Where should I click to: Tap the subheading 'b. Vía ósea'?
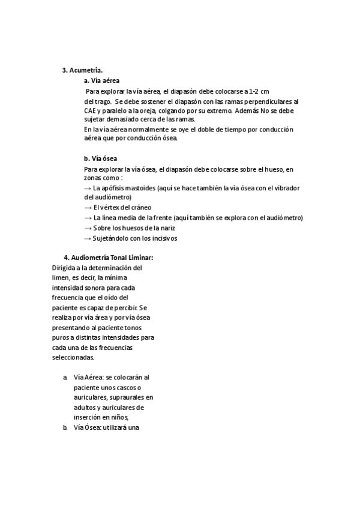(x=100, y=158)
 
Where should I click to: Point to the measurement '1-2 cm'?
(x=259, y=91)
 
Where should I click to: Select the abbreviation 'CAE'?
(x=91, y=110)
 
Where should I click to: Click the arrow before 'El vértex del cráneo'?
(x=88, y=208)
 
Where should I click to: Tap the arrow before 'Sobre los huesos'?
(x=88, y=228)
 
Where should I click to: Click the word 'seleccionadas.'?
(x=73, y=357)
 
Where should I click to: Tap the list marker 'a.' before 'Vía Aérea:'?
(x=65, y=378)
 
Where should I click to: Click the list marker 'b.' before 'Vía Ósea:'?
(x=65, y=428)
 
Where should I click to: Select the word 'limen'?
(x=62, y=277)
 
